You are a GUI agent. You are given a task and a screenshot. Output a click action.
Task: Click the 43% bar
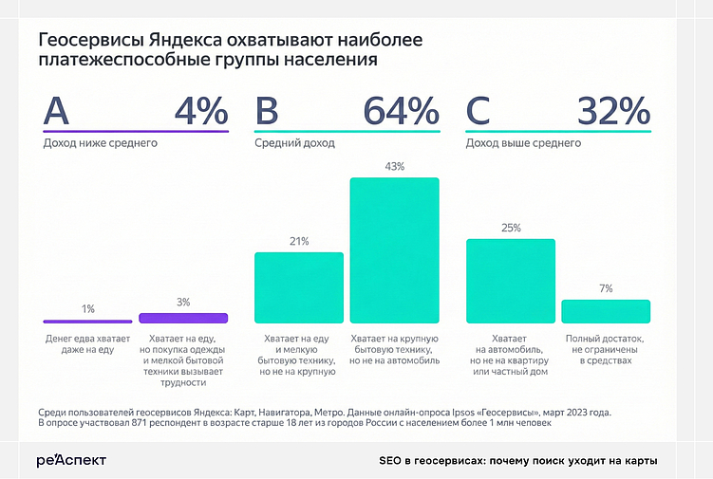[x=395, y=250]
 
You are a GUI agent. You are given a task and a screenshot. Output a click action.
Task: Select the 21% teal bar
[x=299, y=287]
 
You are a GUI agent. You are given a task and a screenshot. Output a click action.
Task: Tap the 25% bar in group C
[x=511, y=281]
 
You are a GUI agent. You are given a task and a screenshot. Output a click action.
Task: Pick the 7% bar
[x=606, y=311]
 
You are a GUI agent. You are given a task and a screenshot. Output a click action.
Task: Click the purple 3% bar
[x=183, y=318]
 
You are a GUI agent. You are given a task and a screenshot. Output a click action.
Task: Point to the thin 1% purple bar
[x=88, y=322]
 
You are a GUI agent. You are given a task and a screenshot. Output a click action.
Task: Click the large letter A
[x=57, y=112]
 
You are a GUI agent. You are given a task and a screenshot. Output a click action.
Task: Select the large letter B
[x=268, y=112]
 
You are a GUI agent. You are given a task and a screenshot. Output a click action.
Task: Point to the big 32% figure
[x=613, y=112]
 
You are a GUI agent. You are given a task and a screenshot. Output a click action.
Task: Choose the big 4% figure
[x=201, y=112]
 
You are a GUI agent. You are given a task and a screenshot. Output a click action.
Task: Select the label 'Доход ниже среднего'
[x=100, y=144]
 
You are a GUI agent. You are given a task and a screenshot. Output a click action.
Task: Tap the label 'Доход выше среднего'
[x=522, y=144]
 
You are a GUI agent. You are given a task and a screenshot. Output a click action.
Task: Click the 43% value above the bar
[x=395, y=166]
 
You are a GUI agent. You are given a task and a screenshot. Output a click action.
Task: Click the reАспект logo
[x=71, y=460]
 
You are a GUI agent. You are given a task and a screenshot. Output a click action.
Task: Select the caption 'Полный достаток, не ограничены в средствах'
[x=606, y=349]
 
